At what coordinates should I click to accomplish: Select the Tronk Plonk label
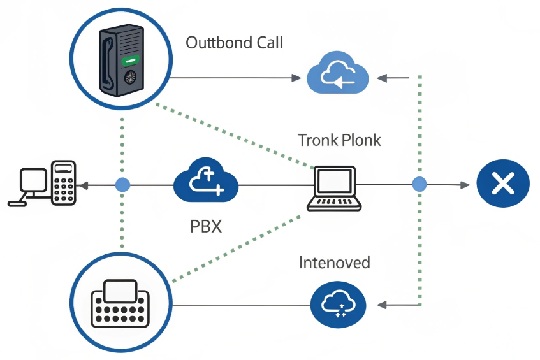[339, 140]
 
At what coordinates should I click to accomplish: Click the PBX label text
[206, 226]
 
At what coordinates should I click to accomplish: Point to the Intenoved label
[334, 262]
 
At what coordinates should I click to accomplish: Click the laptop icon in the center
[334, 188]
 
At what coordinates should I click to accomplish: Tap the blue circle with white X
[503, 185]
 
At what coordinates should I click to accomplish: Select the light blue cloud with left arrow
[338, 76]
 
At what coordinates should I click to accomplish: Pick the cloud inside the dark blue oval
[338, 304]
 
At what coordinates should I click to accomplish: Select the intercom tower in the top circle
[121, 61]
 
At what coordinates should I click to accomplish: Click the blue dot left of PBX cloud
[122, 185]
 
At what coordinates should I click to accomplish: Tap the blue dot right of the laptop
[419, 185]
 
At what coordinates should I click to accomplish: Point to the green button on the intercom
[131, 62]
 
